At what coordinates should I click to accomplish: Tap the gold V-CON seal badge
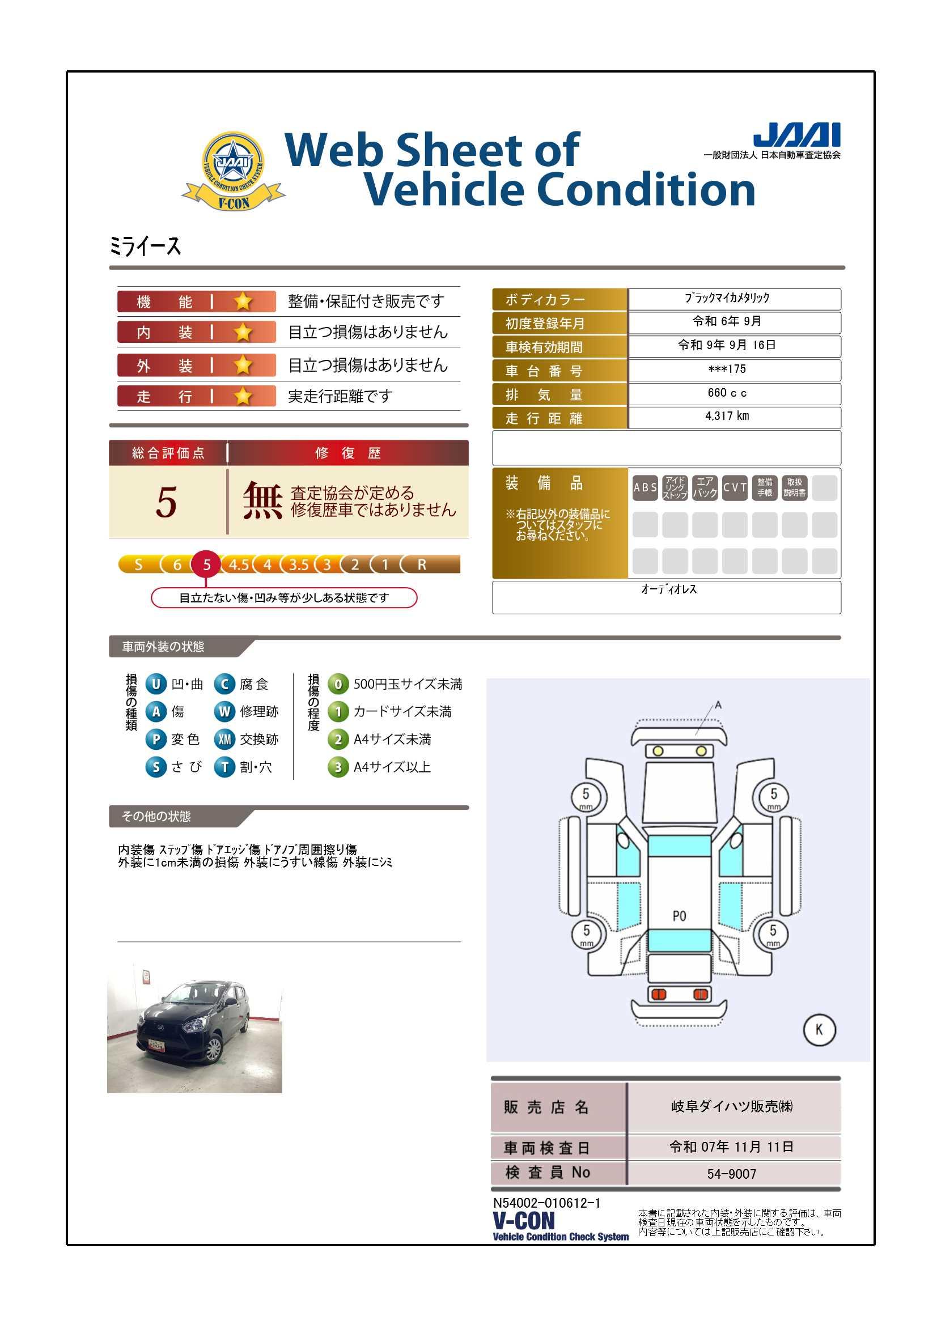click(233, 171)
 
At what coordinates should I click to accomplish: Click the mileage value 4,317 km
click(727, 416)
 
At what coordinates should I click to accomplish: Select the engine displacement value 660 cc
click(727, 393)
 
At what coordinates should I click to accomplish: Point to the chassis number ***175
click(727, 369)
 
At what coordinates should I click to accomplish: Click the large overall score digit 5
click(166, 502)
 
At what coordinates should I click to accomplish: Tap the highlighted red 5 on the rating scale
click(207, 564)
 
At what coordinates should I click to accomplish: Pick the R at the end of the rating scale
click(422, 564)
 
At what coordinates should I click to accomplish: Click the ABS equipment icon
click(645, 487)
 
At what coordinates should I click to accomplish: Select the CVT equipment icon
click(735, 487)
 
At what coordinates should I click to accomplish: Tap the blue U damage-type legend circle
click(156, 684)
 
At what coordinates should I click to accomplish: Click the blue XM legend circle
click(224, 739)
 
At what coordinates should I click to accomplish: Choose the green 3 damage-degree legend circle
click(338, 767)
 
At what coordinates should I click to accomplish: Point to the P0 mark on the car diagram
click(680, 916)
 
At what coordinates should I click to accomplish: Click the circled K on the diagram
click(819, 1030)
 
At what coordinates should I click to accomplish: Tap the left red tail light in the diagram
click(659, 994)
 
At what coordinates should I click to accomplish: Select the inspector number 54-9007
click(731, 1174)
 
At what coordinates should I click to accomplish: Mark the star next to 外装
click(243, 365)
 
